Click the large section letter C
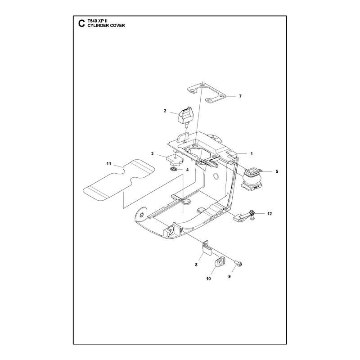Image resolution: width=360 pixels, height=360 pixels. pos(81,23)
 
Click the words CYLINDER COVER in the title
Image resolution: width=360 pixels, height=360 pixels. pos(106,26)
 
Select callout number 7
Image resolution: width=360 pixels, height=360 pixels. pos(240,96)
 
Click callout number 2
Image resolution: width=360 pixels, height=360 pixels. pos(165,111)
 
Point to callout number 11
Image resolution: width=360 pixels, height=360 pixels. pos(108,164)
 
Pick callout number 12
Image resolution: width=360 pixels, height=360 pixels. pos(270,214)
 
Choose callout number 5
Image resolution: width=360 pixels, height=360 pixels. pos(277,171)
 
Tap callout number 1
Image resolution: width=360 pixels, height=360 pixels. pos(252,154)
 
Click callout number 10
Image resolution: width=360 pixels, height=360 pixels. pos(208,279)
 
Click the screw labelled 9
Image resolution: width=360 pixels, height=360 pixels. pos(238,264)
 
